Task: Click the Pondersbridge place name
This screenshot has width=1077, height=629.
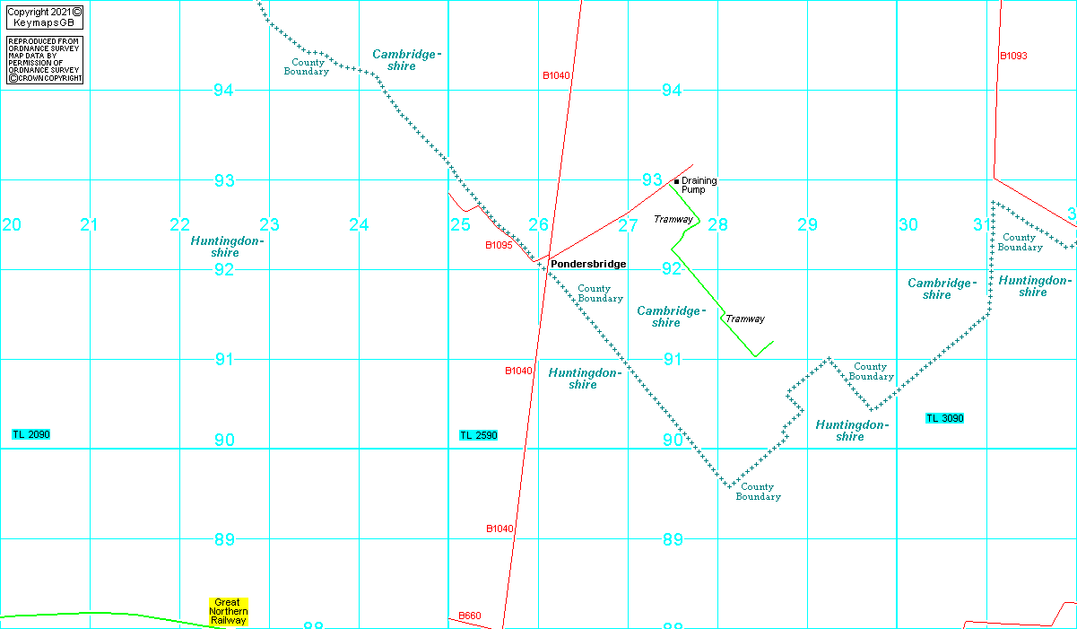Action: (x=588, y=264)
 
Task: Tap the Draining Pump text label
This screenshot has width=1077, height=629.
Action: (x=699, y=185)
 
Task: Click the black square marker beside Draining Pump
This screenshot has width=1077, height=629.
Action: (x=676, y=181)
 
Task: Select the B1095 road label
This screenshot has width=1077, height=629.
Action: (x=499, y=245)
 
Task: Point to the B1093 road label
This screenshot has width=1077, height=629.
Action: (x=1013, y=56)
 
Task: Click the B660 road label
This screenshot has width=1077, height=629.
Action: (x=470, y=616)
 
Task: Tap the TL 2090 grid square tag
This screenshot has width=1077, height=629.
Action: (x=31, y=434)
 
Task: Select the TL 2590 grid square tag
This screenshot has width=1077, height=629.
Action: (x=478, y=435)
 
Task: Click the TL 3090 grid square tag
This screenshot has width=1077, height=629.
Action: (x=945, y=418)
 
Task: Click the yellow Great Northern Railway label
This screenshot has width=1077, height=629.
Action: (x=229, y=611)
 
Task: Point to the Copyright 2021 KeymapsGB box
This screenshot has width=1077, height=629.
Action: (x=45, y=17)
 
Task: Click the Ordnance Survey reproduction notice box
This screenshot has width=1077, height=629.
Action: (x=45, y=60)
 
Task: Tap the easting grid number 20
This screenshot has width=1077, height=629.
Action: (x=12, y=224)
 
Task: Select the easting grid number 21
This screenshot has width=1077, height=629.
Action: (x=89, y=224)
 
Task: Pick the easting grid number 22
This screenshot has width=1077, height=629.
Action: (x=180, y=224)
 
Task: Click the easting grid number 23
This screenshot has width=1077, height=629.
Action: (x=269, y=224)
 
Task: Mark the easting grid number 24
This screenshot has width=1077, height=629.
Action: (x=359, y=224)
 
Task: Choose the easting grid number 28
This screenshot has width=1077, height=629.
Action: (x=717, y=224)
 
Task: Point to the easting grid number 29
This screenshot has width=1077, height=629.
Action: (x=807, y=224)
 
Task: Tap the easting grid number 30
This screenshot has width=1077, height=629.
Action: (x=908, y=224)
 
